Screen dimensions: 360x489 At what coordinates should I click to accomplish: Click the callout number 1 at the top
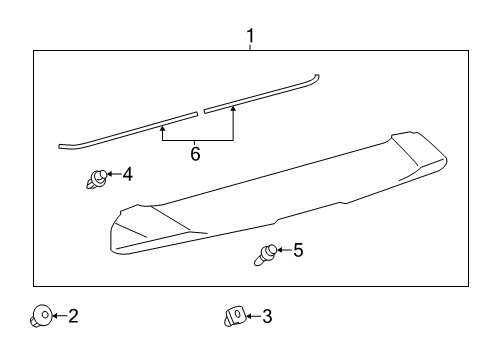point(250,37)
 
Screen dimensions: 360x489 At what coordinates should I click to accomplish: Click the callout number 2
point(72,317)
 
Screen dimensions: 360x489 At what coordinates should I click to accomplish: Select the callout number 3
point(266,317)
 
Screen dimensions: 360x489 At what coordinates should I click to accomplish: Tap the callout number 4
point(127,174)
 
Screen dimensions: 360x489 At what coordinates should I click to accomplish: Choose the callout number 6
point(195,155)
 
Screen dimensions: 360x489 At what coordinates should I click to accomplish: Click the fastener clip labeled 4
point(96,180)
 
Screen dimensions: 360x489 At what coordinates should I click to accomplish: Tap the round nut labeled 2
point(40,318)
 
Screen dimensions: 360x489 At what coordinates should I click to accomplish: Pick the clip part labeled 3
point(232,318)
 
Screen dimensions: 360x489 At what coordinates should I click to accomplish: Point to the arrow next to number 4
point(112,174)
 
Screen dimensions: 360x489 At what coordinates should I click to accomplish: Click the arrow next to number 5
point(284,250)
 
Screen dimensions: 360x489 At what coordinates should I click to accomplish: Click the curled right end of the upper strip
point(315,76)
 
